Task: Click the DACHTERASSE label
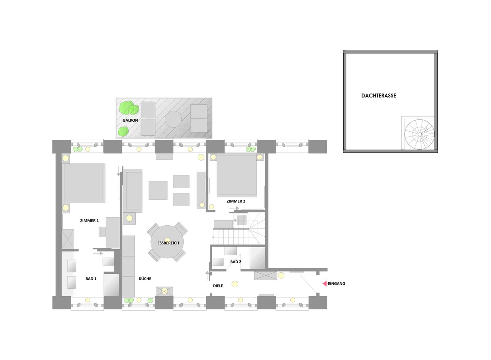[378, 96]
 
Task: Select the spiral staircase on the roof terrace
[419, 134]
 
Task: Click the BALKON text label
[130, 120]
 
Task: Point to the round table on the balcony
[173, 119]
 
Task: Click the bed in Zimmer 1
[83, 183]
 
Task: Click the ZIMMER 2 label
[236, 201]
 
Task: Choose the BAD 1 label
[91, 279]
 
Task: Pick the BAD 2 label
[236, 262]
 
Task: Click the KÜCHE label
[145, 279]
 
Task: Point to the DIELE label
[218, 286]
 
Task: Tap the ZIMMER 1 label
[89, 221]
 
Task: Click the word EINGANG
[337, 284]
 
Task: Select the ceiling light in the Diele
[235, 284]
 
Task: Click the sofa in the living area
[134, 190]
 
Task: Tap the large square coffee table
[158, 190]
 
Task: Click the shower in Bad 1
[111, 285]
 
